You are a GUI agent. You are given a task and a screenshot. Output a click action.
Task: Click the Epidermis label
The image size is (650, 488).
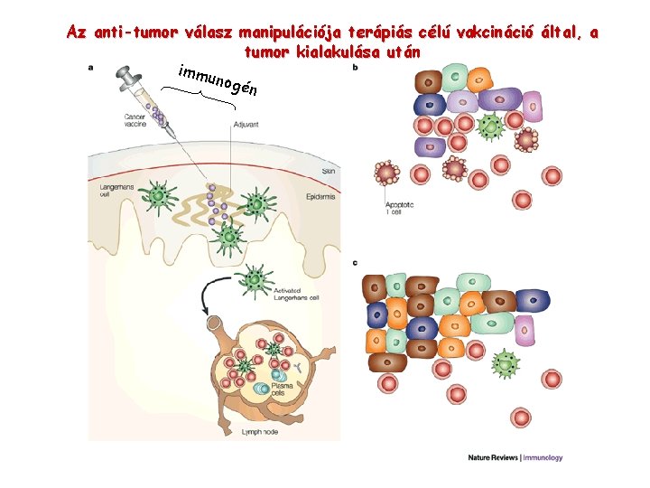pos(321,194)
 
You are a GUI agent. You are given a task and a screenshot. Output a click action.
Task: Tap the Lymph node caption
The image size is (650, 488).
pos(260,433)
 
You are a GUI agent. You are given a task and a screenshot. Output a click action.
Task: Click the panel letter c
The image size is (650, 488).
pos(355,263)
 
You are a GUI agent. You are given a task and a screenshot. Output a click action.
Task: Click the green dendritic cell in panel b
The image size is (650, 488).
pos(491,127)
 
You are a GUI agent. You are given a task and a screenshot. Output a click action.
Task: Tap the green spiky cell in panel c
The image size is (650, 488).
pos(506,364)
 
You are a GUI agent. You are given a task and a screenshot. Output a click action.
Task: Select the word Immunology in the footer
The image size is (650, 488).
pos(543,458)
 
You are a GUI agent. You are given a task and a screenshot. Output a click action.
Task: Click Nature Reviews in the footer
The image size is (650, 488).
pos(493,458)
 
